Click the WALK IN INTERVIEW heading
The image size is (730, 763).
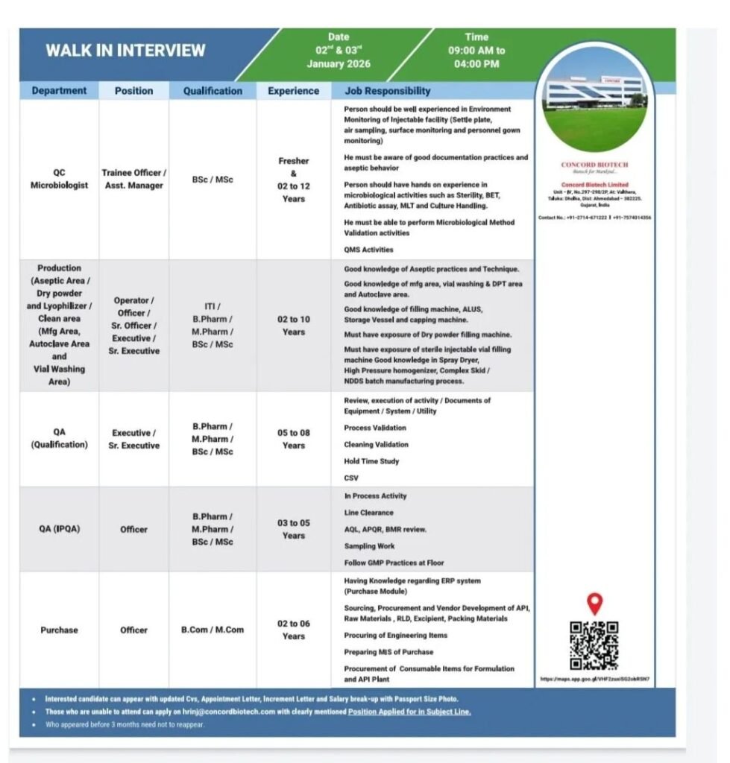click(125, 51)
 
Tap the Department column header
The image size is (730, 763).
click(59, 91)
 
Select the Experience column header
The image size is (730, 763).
click(293, 91)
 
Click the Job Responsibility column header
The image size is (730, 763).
click(387, 91)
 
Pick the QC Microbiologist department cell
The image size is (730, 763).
click(59, 179)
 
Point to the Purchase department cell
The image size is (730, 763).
click(59, 630)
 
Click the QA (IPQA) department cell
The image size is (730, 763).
click(59, 529)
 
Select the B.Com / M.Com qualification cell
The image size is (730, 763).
click(213, 630)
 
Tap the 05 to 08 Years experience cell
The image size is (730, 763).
click(293, 439)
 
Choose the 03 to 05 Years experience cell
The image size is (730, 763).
click(293, 529)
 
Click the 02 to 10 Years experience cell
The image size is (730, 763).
click(293, 326)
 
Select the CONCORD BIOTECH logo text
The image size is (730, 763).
click(594, 165)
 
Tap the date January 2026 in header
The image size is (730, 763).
click(338, 64)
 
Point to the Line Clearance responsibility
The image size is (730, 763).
click(368, 513)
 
